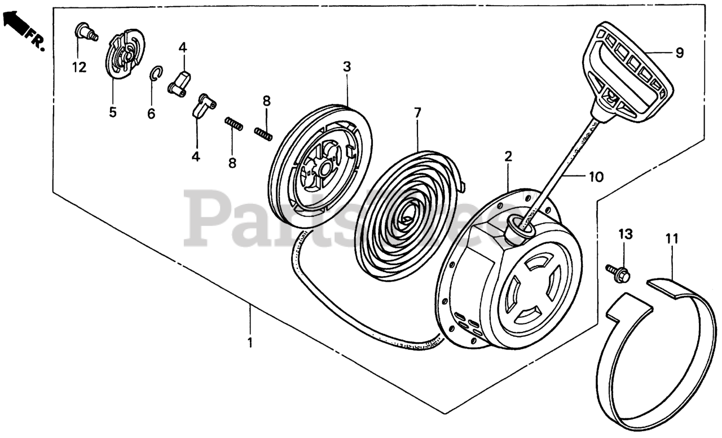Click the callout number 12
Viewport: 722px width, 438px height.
tap(79, 68)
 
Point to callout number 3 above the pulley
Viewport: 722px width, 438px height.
tap(346, 67)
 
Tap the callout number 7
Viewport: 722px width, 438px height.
tap(417, 113)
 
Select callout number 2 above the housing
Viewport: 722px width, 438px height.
tap(508, 157)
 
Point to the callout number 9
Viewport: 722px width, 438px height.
tap(680, 53)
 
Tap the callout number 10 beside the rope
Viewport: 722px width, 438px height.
tap(596, 177)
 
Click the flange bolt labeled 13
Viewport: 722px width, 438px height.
tap(618, 273)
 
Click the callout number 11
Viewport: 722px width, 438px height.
tap(671, 238)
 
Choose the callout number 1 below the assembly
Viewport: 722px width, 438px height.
tap(250, 343)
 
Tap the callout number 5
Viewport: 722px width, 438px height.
tap(113, 112)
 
